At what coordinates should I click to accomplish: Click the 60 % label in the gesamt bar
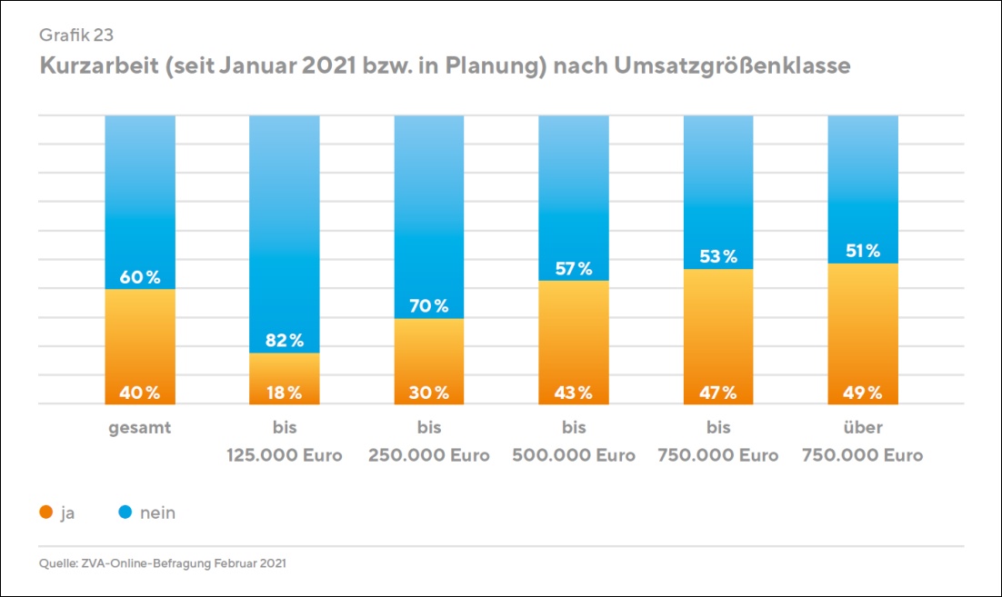[x=140, y=277]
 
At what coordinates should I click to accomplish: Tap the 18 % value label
[x=284, y=393]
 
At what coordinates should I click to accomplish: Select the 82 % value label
[x=284, y=340]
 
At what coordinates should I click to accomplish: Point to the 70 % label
[x=428, y=306]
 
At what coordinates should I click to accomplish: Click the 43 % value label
[x=573, y=393]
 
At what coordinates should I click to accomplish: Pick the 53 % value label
[x=718, y=256]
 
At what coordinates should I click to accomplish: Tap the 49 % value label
[x=862, y=393]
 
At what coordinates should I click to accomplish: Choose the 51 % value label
[x=862, y=251]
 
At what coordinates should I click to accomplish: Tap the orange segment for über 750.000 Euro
[x=862, y=327]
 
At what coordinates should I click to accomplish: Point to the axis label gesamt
[x=140, y=427]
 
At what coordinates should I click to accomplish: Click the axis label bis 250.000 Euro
[x=428, y=442]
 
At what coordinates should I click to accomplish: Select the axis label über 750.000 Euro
[x=862, y=442]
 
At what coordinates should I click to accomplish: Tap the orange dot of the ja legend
[x=45, y=513]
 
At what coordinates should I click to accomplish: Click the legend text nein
[x=157, y=513]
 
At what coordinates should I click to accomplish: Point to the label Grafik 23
[x=76, y=35]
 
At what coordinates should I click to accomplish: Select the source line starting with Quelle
[x=163, y=564]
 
